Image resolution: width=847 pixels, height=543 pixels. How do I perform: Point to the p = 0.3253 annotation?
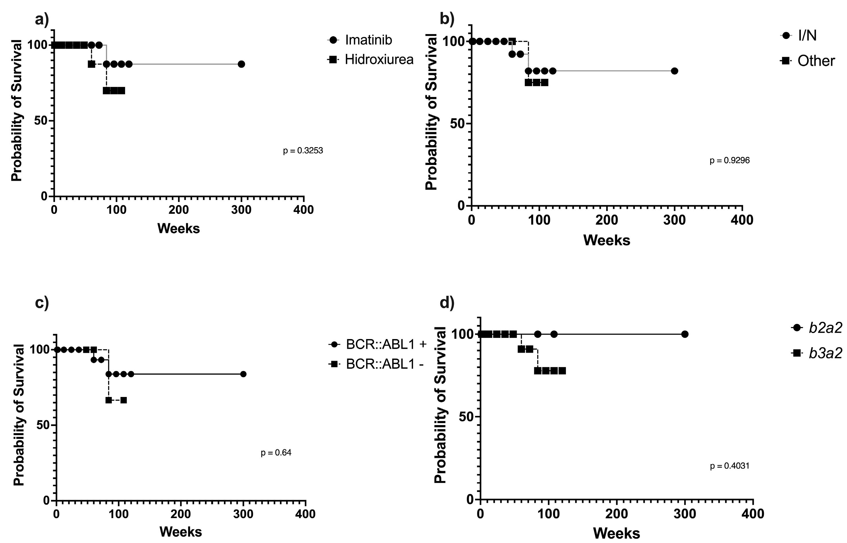coord(303,151)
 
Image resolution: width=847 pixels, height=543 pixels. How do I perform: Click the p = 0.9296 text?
coord(729,160)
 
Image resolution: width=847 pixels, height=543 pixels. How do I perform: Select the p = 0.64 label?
coord(276,452)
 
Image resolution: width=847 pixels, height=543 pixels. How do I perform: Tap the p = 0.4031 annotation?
coord(729,466)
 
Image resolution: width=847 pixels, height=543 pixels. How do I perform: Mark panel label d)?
coord(447,303)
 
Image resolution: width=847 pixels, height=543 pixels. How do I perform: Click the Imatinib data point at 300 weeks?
coord(241,64)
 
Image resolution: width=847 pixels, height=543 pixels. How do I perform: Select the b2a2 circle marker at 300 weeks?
coord(684,334)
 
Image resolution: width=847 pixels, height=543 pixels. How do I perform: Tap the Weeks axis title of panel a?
coord(178,229)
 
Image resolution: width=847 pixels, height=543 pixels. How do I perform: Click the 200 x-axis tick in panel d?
coord(617,514)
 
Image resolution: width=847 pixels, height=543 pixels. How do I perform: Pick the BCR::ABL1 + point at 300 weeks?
coord(243,374)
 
